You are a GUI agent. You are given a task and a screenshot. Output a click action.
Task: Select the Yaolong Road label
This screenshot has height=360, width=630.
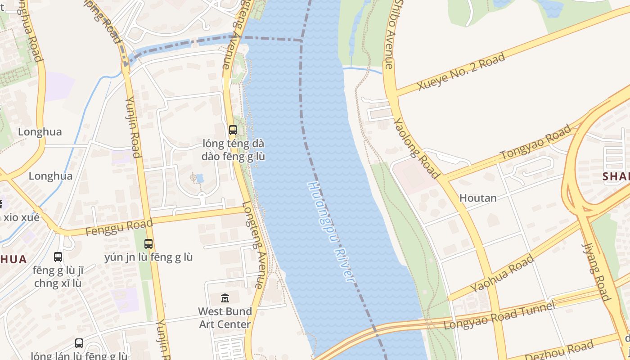click(x=416, y=148)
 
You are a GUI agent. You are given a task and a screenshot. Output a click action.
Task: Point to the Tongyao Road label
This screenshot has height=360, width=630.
click(x=535, y=142)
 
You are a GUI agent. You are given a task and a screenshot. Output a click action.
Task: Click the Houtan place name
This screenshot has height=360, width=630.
click(x=478, y=198)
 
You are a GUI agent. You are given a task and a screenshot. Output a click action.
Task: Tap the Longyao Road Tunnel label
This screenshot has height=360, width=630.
click(x=499, y=315)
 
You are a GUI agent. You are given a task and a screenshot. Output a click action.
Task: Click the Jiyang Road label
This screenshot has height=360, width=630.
click(x=596, y=272)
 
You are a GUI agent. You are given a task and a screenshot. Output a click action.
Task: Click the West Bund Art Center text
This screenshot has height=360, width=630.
click(x=225, y=318)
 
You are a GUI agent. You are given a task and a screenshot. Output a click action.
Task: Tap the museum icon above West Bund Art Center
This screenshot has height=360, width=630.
click(x=225, y=298)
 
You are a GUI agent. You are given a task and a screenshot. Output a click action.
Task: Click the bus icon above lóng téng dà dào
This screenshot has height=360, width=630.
click(x=233, y=130)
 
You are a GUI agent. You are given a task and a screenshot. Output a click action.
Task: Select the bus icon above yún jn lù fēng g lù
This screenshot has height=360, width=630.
click(x=148, y=244)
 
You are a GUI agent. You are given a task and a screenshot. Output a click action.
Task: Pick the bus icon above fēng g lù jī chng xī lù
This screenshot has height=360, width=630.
click(x=58, y=257)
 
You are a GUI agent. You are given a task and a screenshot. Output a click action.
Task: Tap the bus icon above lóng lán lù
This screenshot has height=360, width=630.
click(x=79, y=343)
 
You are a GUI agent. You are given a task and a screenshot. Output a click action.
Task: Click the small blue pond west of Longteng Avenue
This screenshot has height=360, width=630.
click(x=200, y=179)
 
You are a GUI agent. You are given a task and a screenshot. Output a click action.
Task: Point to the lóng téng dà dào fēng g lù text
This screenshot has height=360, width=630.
click(x=233, y=150)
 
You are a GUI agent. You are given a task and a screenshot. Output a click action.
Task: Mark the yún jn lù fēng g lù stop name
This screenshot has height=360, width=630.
click(x=148, y=257)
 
